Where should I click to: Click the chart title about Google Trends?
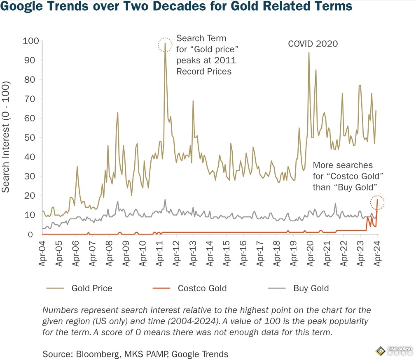click(176, 7)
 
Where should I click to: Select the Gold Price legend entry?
click(91, 288)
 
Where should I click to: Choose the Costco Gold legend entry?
click(202, 288)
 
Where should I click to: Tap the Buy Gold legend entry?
click(311, 288)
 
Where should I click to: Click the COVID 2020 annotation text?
click(312, 44)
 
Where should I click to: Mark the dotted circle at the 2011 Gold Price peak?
click(165, 45)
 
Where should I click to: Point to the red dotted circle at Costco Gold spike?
click(377, 202)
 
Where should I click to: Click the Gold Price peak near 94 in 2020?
click(308, 53)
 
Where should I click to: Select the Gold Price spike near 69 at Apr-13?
click(193, 101)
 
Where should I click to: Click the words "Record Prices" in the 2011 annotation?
click(204, 71)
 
